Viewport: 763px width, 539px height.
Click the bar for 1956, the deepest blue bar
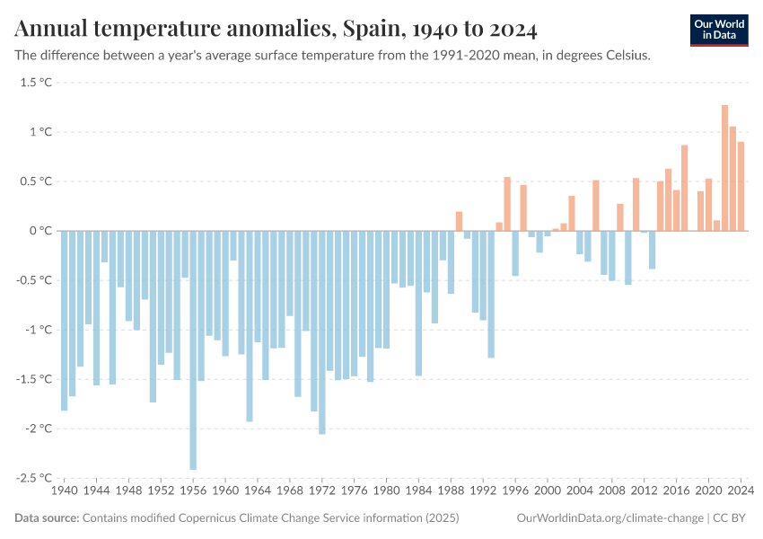pyautogui.click(x=193, y=350)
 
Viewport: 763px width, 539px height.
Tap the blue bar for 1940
pyautogui.click(x=65, y=321)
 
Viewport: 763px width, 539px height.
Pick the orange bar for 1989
pyautogui.click(x=459, y=221)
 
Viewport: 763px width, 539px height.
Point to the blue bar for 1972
pyautogui.click(x=322, y=332)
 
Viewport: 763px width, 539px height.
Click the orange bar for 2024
pyautogui.click(x=741, y=186)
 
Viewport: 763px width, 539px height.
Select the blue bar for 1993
pyautogui.click(x=491, y=294)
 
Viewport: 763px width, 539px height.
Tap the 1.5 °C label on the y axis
pyautogui.click(x=36, y=83)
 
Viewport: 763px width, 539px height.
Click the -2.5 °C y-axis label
pyautogui.click(x=34, y=478)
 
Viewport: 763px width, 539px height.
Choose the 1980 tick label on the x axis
pyautogui.click(x=387, y=491)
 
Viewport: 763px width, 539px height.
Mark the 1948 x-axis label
pyautogui.click(x=129, y=491)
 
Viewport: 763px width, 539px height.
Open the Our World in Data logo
pyautogui.click(x=718, y=30)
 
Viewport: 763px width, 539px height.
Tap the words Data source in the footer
pyautogui.click(x=47, y=518)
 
